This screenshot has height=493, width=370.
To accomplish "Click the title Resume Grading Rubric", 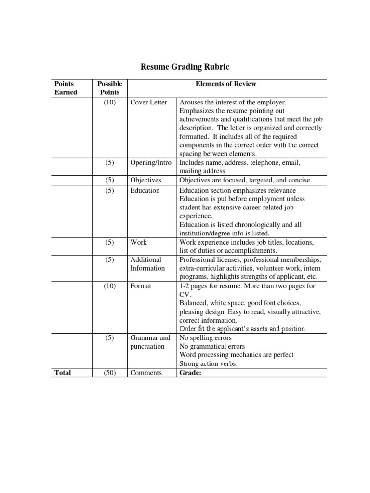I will click(x=185, y=66).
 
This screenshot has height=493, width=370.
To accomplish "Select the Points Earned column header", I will click(x=66, y=88).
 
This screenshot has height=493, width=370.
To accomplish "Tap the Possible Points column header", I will click(x=109, y=88).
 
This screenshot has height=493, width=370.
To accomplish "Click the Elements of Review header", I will click(x=225, y=84).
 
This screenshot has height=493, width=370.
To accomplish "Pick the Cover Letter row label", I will click(x=148, y=103).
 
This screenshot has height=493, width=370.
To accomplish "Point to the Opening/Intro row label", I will click(x=151, y=163).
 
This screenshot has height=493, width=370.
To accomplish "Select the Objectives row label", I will click(x=145, y=180).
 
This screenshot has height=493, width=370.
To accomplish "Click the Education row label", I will click(x=145, y=190).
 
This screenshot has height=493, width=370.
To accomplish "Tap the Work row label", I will click(x=138, y=242).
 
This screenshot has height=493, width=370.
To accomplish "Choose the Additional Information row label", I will click(x=147, y=264).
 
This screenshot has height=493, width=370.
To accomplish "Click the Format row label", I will click(x=141, y=286).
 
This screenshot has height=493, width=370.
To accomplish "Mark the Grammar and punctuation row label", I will click(x=150, y=342).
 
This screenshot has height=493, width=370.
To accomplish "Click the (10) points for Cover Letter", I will click(x=109, y=103).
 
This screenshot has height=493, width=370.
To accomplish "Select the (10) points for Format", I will click(x=109, y=286).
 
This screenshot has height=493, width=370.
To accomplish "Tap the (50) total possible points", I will click(x=109, y=373).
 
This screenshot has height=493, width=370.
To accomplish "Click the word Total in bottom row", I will click(x=63, y=373).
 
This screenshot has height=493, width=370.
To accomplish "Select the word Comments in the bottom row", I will click(x=146, y=373).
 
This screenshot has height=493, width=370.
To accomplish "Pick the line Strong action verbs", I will click(x=208, y=363).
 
